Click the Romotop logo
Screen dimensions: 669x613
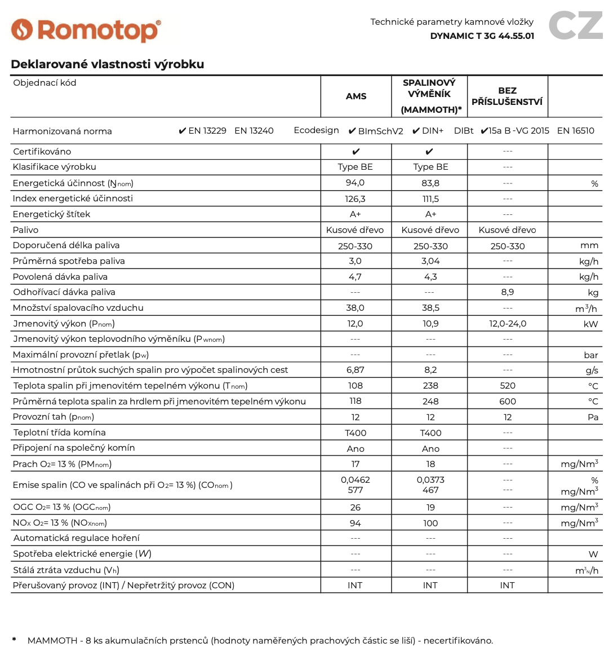tap(86, 30)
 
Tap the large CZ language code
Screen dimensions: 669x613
tap(575, 25)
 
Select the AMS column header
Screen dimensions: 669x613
tap(356, 96)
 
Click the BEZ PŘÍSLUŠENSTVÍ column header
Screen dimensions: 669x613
tap(507, 96)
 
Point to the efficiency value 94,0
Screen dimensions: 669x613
tap(355, 183)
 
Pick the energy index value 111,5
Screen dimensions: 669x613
tap(430, 199)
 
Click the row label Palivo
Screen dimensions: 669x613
tap(25, 230)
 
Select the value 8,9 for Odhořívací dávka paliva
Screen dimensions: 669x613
tap(507, 292)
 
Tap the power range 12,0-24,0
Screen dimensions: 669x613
tap(507, 324)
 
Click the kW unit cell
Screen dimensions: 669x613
tap(591, 324)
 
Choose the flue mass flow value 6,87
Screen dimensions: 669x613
tap(355, 370)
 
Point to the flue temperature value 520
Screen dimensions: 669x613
tap(507, 386)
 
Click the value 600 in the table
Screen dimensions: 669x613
tap(507, 401)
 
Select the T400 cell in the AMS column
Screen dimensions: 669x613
tap(356, 433)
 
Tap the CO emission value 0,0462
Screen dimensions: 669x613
tap(355, 480)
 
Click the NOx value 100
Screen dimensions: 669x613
tap(430, 523)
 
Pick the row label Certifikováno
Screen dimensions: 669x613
tap(42, 152)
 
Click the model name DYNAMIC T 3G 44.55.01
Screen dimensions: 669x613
tap(482, 36)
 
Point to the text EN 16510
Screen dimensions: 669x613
tap(575, 131)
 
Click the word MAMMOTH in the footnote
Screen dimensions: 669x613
tap(52, 641)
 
